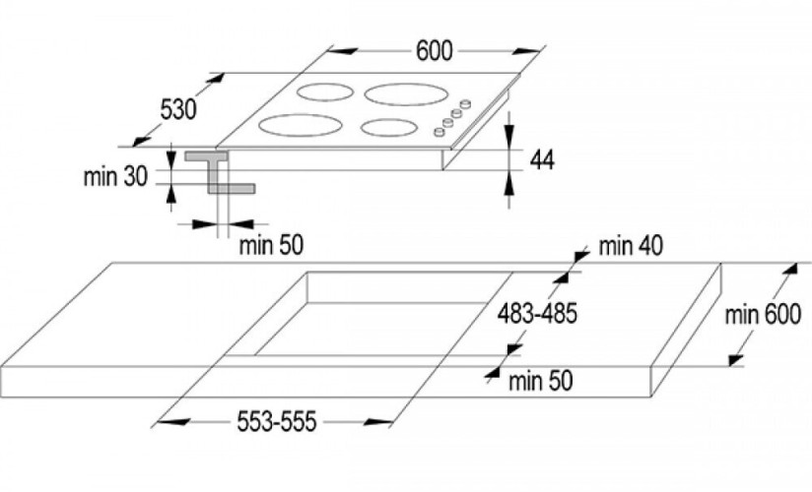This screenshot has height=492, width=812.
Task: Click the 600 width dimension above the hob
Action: click(434, 51)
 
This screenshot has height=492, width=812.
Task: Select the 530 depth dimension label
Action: click(178, 109)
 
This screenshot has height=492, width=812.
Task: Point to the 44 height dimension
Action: click(542, 159)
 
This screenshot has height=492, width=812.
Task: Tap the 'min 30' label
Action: click(115, 177)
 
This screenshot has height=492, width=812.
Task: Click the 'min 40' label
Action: click(631, 247)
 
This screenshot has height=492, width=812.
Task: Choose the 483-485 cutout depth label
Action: click(537, 313)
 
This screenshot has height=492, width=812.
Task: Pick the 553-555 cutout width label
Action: click(277, 421)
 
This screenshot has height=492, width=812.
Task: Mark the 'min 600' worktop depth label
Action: click(763, 315)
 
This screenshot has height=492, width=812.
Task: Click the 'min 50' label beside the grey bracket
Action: click(271, 245)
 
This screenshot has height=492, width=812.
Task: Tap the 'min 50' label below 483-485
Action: click(541, 381)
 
